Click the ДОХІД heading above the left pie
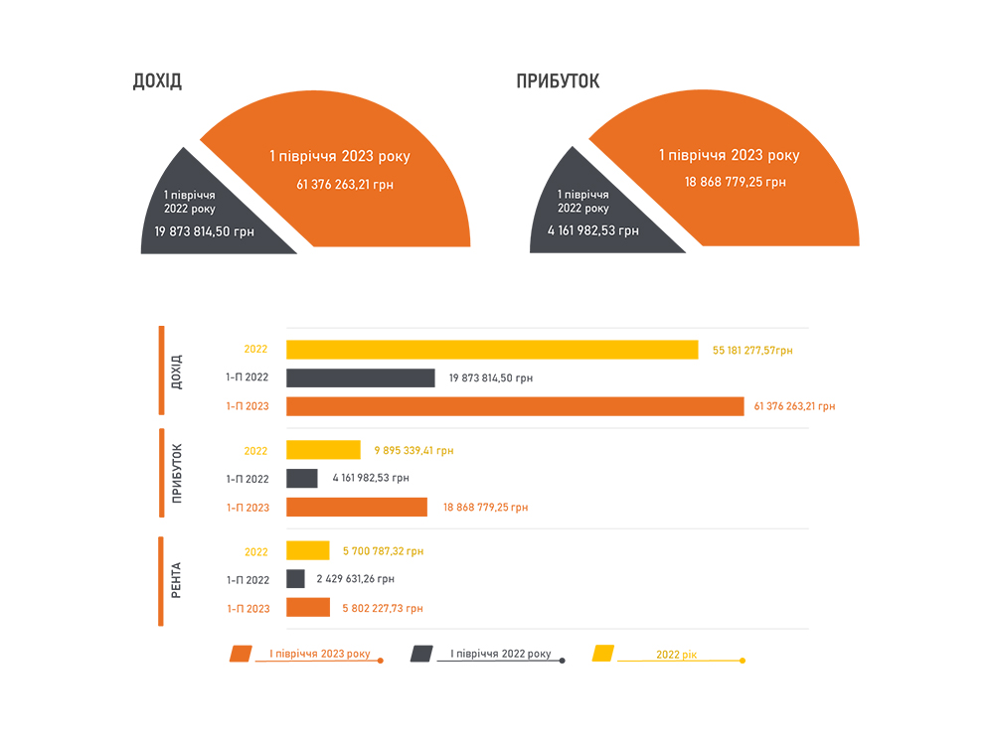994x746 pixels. (x=157, y=81)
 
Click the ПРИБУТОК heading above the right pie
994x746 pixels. (x=558, y=81)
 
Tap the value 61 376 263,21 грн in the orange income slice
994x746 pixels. (x=339, y=184)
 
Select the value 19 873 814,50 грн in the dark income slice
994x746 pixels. (x=204, y=231)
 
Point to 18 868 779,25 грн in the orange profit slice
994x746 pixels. (x=736, y=182)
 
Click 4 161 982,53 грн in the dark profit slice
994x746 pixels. (x=593, y=230)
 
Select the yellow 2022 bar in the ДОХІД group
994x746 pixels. (x=492, y=350)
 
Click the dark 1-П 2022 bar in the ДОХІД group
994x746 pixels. (x=360, y=378)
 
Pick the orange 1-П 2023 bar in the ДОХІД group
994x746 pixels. (x=515, y=406)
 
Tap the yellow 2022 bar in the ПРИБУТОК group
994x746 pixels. (x=323, y=450)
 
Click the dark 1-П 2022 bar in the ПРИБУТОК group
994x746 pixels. (x=302, y=479)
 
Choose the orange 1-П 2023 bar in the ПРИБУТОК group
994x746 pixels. (x=357, y=508)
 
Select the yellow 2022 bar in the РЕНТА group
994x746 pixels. (x=308, y=551)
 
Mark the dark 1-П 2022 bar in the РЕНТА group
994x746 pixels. (x=295, y=579)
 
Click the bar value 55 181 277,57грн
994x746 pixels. (x=752, y=351)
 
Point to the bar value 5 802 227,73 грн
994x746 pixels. (x=384, y=608)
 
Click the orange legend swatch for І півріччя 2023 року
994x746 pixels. (x=241, y=654)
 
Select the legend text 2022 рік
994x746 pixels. (x=677, y=656)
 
